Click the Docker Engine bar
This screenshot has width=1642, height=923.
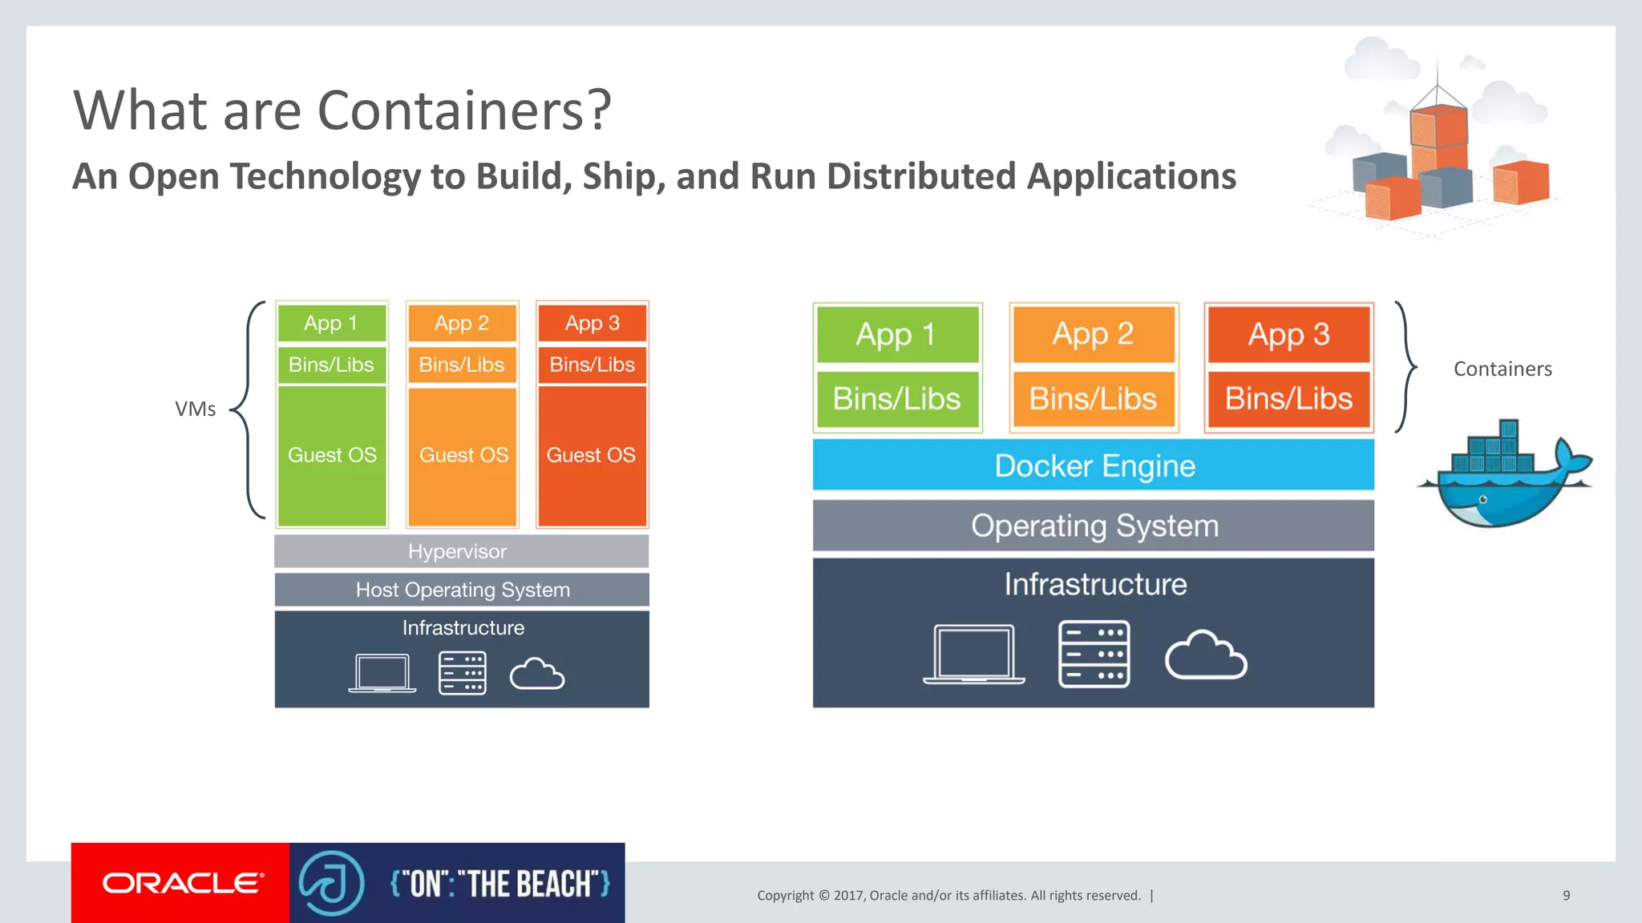click(1093, 465)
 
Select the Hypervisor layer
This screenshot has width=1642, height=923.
click(461, 551)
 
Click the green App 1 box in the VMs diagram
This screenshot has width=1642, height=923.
click(331, 323)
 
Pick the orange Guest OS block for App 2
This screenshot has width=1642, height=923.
click(463, 456)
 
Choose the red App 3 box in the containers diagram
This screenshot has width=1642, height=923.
click(1288, 334)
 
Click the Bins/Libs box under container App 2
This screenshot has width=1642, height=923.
click(1093, 398)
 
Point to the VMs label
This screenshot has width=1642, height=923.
click(195, 409)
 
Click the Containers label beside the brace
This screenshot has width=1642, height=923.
click(1502, 369)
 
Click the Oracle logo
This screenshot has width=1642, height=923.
click(181, 883)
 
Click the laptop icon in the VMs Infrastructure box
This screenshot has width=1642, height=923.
click(382, 673)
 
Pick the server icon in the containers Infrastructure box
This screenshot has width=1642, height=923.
click(1094, 654)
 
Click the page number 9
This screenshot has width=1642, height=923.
click(1566, 895)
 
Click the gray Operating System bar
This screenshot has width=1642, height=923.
click(1093, 526)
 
